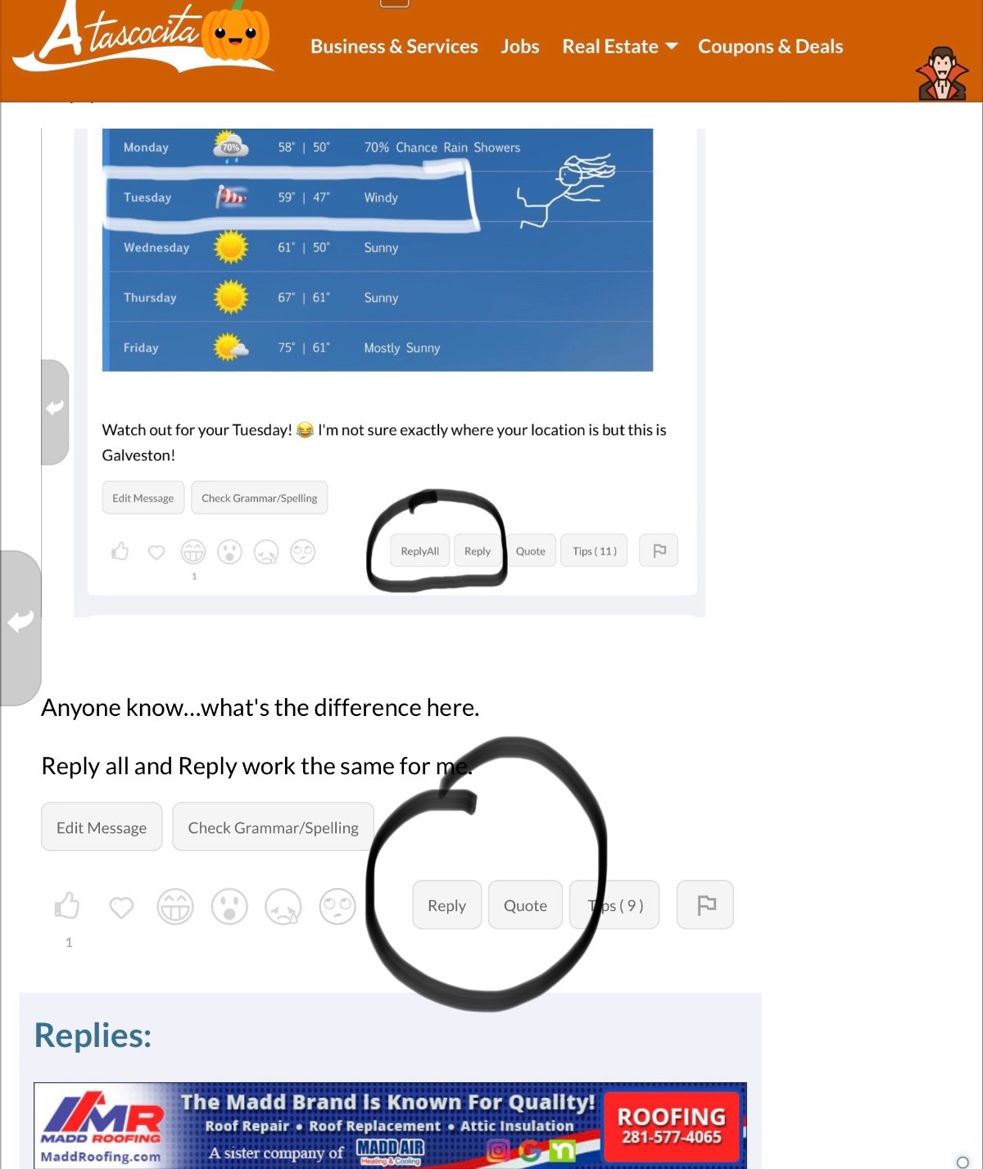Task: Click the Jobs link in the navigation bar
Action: tap(519, 46)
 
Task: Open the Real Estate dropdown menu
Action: tap(619, 46)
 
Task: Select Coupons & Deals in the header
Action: tap(770, 46)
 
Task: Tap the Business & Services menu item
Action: tap(394, 46)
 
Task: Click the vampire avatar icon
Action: tap(942, 74)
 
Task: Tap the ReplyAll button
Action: tap(420, 551)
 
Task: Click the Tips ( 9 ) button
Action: tap(614, 904)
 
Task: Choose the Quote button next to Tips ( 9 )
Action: tap(525, 904)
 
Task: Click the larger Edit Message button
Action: tap(102, 827)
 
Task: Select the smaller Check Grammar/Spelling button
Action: tap(259, 498)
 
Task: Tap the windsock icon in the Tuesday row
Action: tap(230, 197)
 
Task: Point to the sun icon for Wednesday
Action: tap(230, 247)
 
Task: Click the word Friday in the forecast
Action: tap(141, 347)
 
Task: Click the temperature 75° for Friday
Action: tap(287, 347)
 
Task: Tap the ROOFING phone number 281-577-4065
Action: tap(671, 1137)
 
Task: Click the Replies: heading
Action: tap(93, 1035)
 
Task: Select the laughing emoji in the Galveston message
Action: tap(305, 430)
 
